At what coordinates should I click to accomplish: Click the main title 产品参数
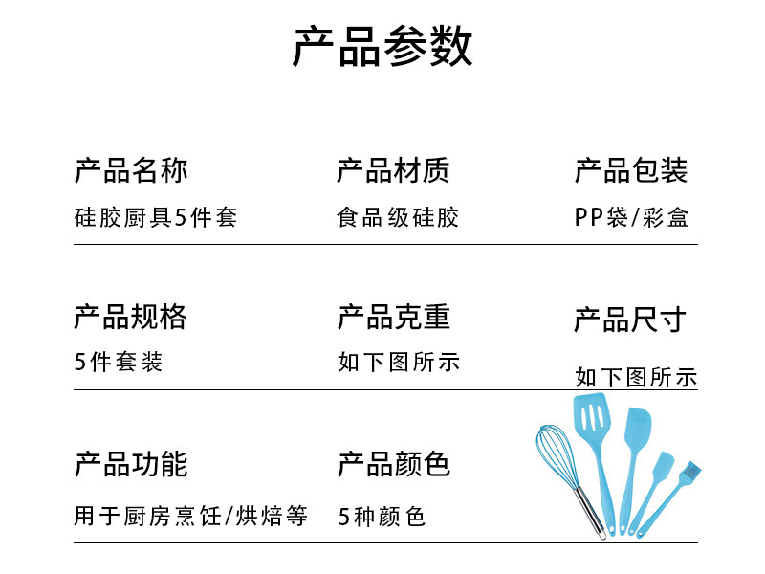point(382,47)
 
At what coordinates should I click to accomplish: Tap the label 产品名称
point(131,170)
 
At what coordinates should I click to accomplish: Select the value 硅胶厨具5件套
point(155,217)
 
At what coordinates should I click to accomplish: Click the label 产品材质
point(393,170)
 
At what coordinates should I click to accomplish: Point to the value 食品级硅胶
point(398,217)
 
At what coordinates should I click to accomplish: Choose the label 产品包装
point(631,170)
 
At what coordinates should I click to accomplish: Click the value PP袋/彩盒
point(631,217)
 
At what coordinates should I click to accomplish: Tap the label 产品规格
point(131,316)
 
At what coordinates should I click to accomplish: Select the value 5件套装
point(119,362)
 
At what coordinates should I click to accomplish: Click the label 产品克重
point(393,316)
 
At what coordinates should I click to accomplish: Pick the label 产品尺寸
point(630,320)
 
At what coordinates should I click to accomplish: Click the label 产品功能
point(131,465)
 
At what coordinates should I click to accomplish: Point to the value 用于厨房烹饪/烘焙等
point(191,517)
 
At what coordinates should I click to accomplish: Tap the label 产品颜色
point(393,465)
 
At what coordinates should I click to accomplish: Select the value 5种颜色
point(382,517)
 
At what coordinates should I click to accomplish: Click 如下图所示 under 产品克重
point(398,362)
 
